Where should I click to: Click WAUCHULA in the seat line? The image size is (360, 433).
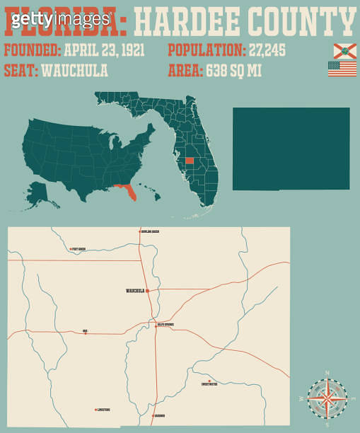pyautogui.click(x=75, y=71)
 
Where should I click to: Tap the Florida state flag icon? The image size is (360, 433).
pyautogui.click(x=342, y=50)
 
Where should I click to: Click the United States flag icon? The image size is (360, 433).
pyautogui.click(x=342, y=69)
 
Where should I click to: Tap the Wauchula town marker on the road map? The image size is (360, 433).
pyautogui.click(x=147, y=290)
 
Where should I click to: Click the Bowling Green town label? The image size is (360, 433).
pyautogui.click(x=151, y=231)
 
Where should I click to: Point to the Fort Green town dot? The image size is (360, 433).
pyautogui.click(x=71, y=249)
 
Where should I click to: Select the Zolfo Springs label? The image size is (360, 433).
pyautogui.click(x=166, y=325)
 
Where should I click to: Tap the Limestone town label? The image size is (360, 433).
pyautogui.click(x=103, y=410)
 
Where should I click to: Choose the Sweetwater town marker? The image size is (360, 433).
pyautogui.click(x=209, y=381)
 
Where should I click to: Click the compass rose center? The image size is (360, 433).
pyautogui.click(x=327, y=397)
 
